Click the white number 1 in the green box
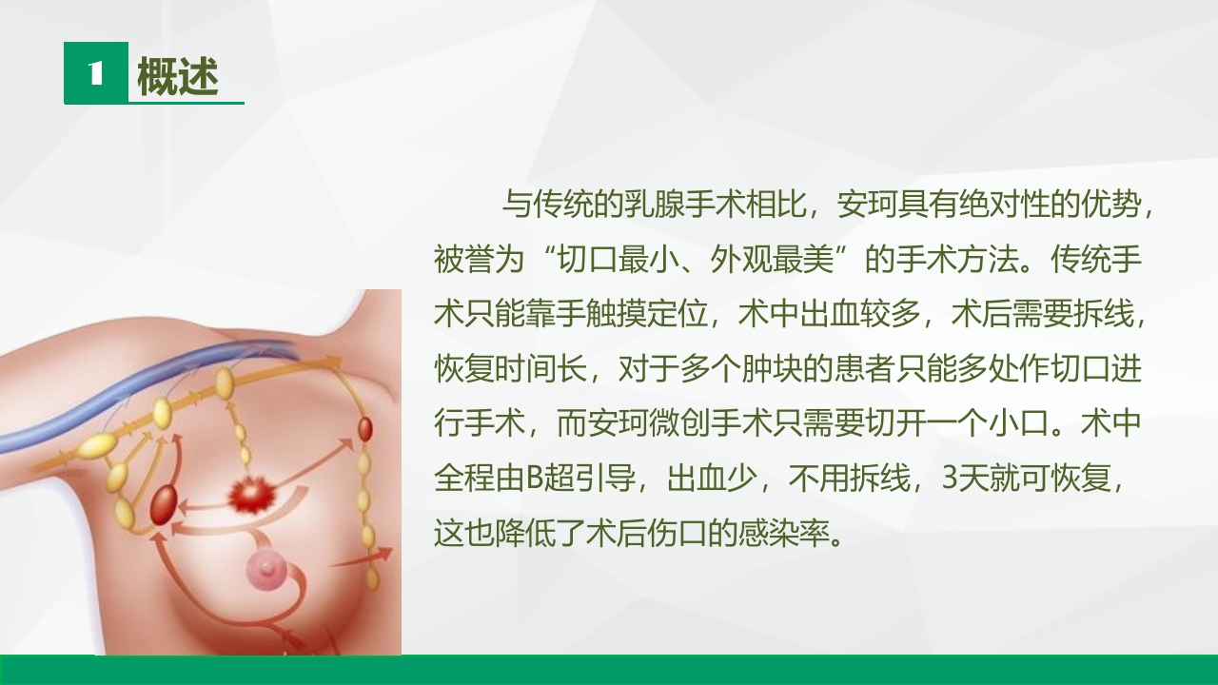pos(95,73)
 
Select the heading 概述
pos(178,77)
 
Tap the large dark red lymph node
pos(164,500)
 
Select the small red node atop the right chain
pos(364,429)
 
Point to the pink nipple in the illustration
pos(266,571)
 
